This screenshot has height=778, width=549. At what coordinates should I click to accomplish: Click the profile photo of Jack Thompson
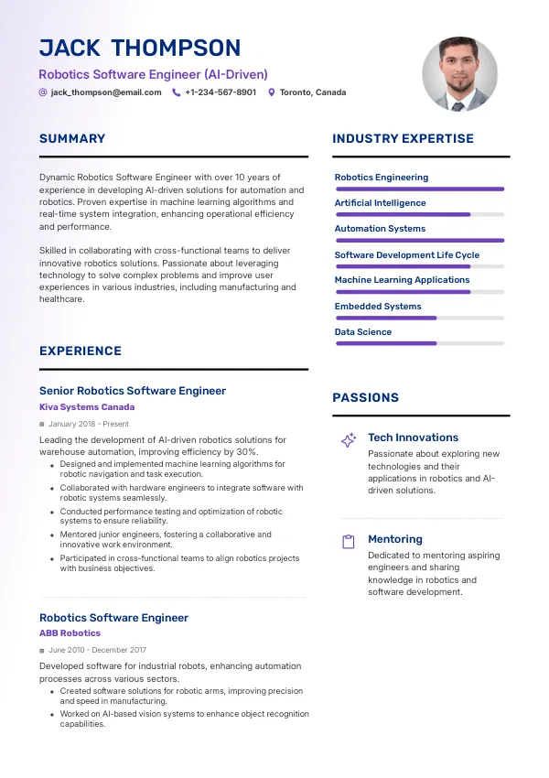tap(459, 74)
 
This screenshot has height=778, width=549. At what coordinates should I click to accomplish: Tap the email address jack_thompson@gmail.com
tap(106, 92)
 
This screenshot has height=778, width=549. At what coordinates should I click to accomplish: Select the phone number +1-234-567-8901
tap(221, 92)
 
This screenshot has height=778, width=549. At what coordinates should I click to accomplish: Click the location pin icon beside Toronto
tap(271, 92)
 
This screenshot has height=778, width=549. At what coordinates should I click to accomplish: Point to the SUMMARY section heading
tap(72, 139)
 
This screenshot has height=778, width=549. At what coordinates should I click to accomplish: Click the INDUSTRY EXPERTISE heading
tap(403, 139)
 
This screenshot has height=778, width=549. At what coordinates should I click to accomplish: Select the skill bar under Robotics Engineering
tap(420, 189)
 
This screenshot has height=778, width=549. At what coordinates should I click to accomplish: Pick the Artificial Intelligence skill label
tap(380, 203)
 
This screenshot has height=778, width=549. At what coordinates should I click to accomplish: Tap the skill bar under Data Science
tap(420, 343)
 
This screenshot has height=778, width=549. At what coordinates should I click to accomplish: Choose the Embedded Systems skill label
tap(378, 307)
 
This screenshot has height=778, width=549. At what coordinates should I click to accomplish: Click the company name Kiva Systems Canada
tap(87, 407)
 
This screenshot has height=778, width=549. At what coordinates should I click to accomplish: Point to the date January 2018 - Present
tap(89, 425)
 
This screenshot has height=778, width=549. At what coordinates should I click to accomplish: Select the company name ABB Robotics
tap(70, 633)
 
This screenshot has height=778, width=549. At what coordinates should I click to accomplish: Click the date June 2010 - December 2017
tap(97, 650)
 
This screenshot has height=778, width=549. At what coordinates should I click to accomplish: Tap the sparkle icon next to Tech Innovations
tap(349, 440)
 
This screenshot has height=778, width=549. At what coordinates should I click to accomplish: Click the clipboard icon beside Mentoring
tap(348, 542)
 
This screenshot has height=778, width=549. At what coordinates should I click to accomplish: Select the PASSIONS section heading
tap(365, 398)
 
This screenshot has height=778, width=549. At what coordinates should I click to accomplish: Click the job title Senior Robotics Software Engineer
tap(132, 391)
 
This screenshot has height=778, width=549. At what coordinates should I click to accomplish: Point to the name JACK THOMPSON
tap(140, 49)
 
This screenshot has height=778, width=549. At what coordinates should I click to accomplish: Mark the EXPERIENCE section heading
tap(81, 351)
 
